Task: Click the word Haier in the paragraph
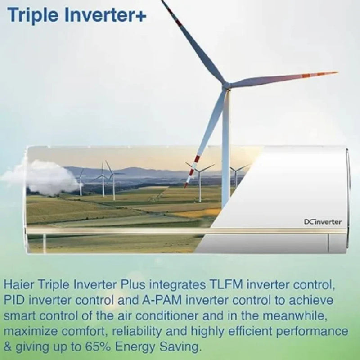[x=21, y=285]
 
